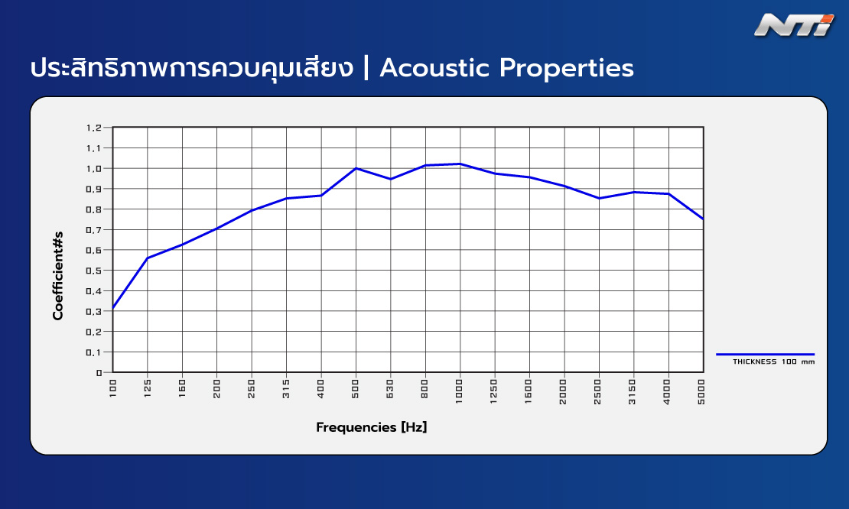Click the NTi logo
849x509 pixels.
tap(795, 25)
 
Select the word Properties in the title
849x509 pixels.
tap(566, 69)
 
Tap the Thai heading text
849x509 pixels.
tap(192, 68)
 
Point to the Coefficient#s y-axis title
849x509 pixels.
tap(58, 276)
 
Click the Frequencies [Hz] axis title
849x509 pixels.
tap(372, 427)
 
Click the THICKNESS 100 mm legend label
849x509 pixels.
tap(774, 361)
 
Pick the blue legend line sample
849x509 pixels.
tap(765, 355)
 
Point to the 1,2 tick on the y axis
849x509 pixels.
tap(93, 128)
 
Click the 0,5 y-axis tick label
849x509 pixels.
tap(93, 271)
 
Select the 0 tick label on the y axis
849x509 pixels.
tap(99, 373)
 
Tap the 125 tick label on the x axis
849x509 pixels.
tap(148, 388)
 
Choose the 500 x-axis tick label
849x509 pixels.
tap(356, 388)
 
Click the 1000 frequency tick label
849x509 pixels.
tap(460, 391)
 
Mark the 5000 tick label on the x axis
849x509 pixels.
tap(701, 391)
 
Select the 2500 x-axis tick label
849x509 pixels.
tap(598, 391)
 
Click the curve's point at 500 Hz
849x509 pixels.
tap(356, 168)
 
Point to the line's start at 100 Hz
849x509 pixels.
tap(112, 308)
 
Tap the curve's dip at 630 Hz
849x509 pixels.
tap(390, 179)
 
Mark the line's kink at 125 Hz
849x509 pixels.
tap(148, 258)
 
